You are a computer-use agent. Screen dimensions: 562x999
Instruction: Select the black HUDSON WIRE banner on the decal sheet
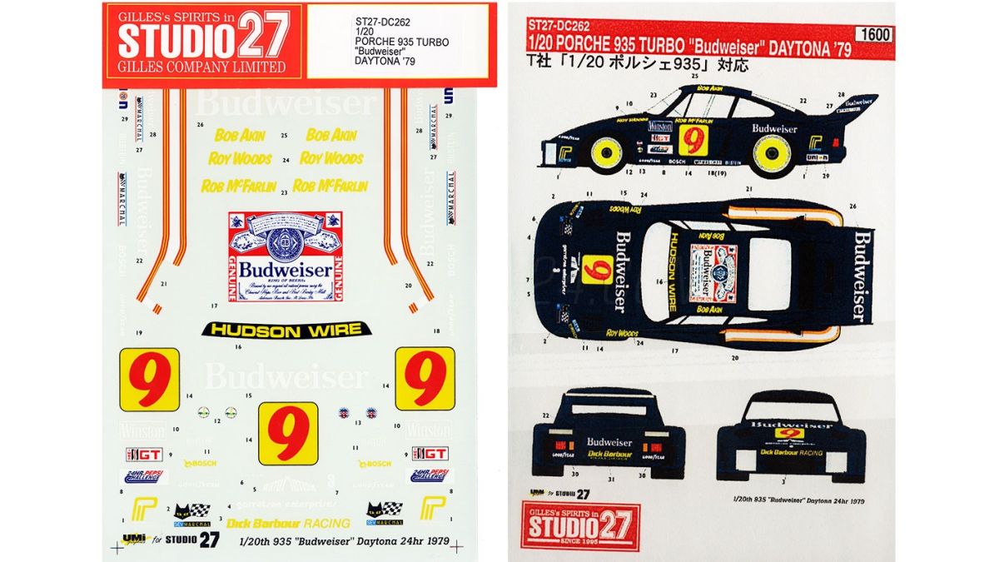(286, 330)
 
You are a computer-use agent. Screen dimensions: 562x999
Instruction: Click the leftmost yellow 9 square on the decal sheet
(149, 380)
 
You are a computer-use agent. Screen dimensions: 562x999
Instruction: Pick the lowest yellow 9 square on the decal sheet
(288, 433)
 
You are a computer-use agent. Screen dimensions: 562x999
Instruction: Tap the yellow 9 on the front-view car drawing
(786, 434)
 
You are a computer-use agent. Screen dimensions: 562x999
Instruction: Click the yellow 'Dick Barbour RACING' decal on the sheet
(288, 523)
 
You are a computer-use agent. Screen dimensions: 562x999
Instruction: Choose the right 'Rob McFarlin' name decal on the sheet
(331, 186)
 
